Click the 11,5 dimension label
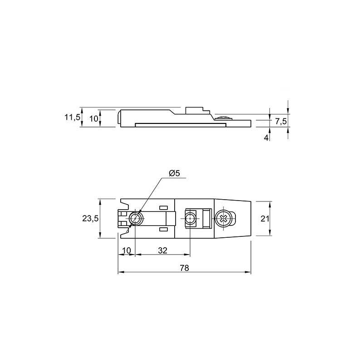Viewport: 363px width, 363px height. (x=72, y=118)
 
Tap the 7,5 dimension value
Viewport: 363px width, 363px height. (x=281, y=122)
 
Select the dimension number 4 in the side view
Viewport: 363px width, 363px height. (x=266, y=138)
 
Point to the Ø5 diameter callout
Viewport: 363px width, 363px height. (x=174, y=173)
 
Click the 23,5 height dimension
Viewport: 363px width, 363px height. (x=90, y=218)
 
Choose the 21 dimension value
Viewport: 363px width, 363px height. (x=265, y=218)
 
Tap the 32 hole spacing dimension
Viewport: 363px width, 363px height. (x=162, y=250)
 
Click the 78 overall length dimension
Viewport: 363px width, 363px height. (x=184, y=268)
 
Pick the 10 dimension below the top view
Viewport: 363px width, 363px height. (x=127, y=250)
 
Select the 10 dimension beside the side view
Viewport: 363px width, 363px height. (x=94, y=119)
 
